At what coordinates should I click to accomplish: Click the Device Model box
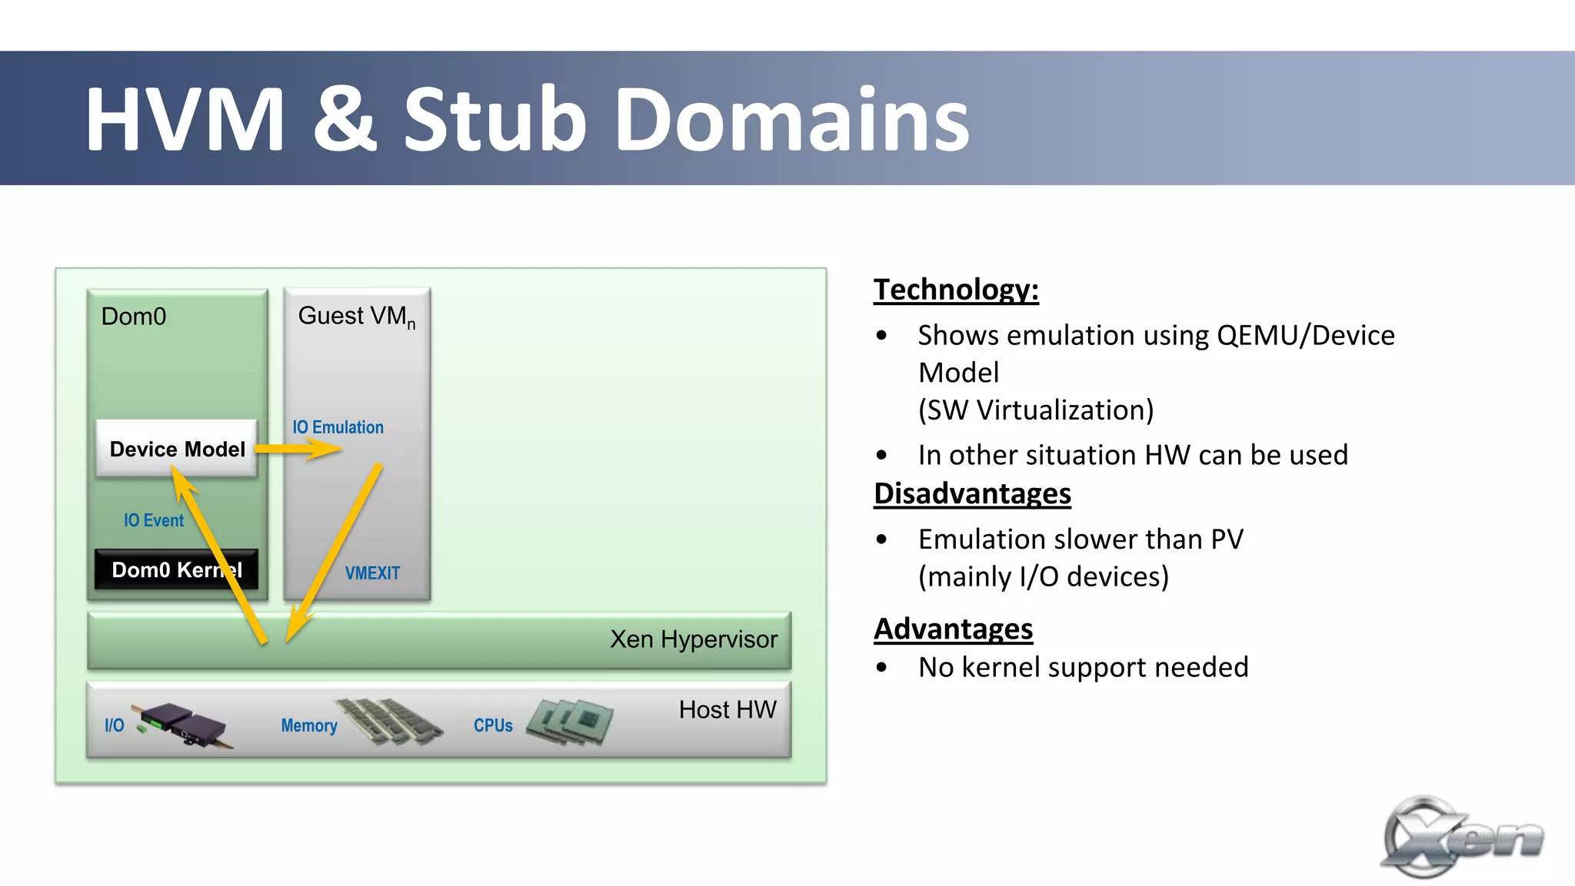(x=177, y=449)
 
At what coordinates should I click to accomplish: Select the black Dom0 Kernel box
(x=175, y=569)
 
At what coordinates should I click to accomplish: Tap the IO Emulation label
(x=338, y=427)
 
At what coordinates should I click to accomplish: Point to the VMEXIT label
(x=372, y=573)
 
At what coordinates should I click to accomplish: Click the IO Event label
(x=154, y=520)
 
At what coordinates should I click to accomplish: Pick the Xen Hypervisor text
(x=693, y=639)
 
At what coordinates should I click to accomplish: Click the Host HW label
(x=727, y=709)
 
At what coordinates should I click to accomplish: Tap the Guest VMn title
(x=356, y=316)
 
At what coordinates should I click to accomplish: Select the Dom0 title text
(x=134, y=317)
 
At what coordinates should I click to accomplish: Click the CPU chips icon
(x=570, y=722)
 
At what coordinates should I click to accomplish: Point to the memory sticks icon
(x=389, y=721)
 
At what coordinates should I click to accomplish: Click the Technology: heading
(x=956, y=290)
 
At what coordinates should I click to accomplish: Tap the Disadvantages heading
(x=972, y=493)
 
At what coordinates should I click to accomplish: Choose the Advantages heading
(x=953, y=629)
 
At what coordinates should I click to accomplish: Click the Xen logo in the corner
(x=1461, y=838)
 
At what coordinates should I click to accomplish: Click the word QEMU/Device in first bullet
(x=1305, y=335)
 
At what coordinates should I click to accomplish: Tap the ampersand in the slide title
(x=345, y=120)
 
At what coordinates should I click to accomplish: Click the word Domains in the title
(x=792, y=120)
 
